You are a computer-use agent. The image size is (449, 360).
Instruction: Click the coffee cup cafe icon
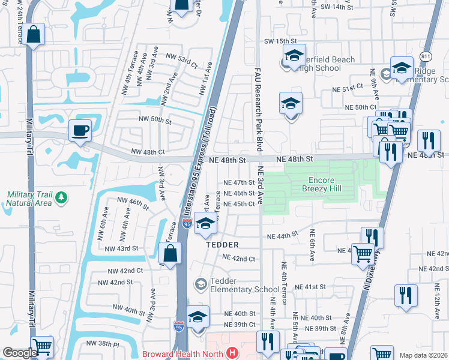click(x=80, y=130)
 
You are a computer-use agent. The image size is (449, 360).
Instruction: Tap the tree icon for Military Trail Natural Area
click(x=60, y=197)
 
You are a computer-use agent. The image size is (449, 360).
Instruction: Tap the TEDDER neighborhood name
click(x=223, y=245)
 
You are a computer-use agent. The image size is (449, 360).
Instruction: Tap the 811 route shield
click(x=426, y=56)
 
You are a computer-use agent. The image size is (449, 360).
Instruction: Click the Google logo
click(x=20, y=353)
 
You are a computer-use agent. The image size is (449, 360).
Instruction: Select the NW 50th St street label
click(x=155, y=121)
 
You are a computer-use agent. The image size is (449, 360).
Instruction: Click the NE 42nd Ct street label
click(x=239, y=259)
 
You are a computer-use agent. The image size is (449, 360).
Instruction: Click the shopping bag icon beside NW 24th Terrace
click(x=35, y=35)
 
